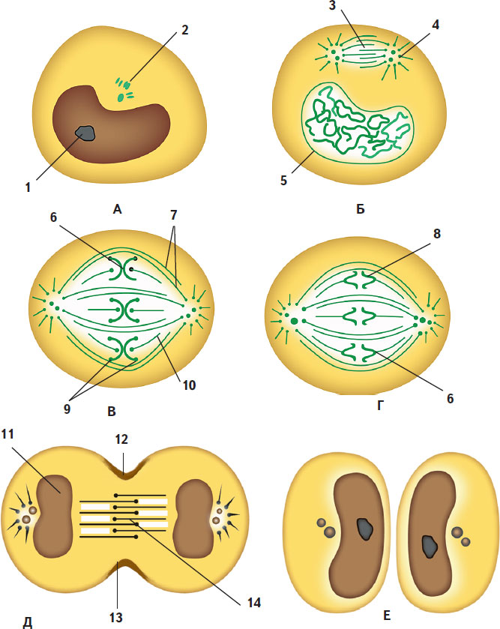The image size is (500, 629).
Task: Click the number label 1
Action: [27, 188]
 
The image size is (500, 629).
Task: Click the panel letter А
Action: [117, 211]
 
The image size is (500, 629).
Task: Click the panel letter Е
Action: [385, 616]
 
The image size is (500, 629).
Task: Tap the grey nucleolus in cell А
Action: [87, 133]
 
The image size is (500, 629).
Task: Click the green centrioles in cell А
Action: [123, 89]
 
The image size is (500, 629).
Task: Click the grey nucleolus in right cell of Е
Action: [431, 546]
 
